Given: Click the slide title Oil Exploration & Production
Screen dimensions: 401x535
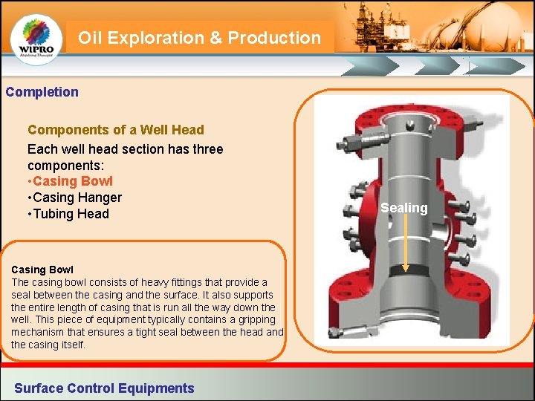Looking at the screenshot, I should (x=199, y=38).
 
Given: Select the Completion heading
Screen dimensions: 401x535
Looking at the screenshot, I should (x=42, y=92).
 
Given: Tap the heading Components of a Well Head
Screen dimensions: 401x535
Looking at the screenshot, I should (x=115, y=130).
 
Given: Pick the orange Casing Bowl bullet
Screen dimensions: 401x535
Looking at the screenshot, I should (x=70, y=181).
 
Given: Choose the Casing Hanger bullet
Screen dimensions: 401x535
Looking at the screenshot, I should (x=74, y=198).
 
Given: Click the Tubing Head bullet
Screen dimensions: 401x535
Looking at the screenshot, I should (x=68, y=214).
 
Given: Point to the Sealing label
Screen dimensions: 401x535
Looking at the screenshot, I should (x=404, y=208).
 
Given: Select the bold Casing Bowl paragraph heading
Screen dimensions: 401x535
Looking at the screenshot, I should (x=42, y=270).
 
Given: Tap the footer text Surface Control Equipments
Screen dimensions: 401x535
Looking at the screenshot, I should (x=104, y=388).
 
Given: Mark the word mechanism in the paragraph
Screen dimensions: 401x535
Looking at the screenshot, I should (x=37, y=332).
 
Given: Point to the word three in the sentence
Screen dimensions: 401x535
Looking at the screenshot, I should (x=205, y=149).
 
